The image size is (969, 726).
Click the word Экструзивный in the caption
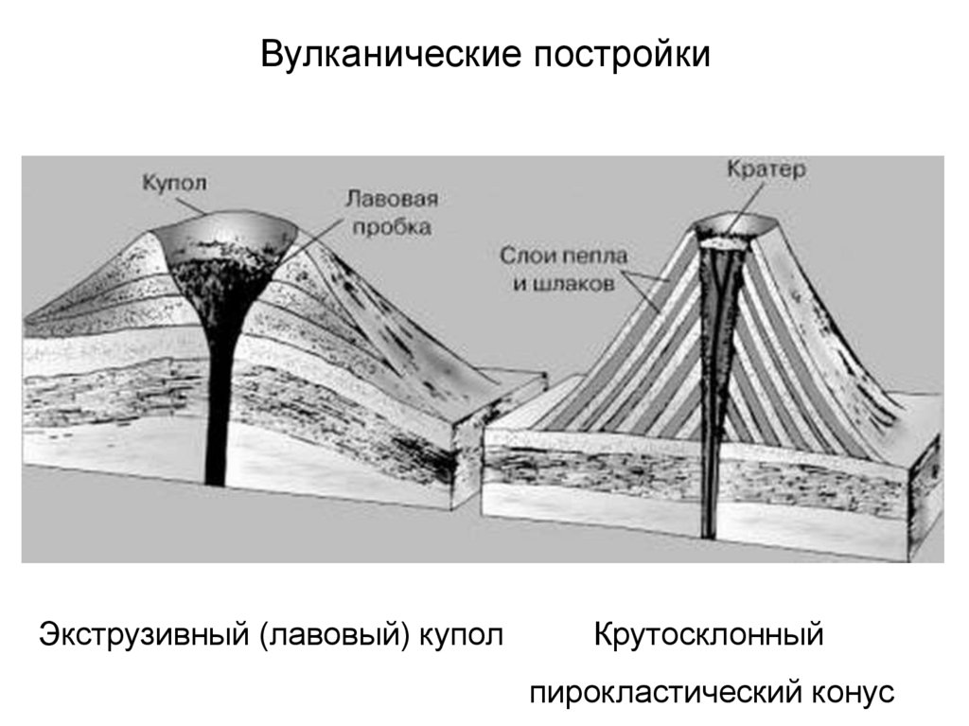click(142, 633)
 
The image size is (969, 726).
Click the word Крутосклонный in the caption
click(709, 633)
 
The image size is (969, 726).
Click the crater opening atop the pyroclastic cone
click(731, 228)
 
